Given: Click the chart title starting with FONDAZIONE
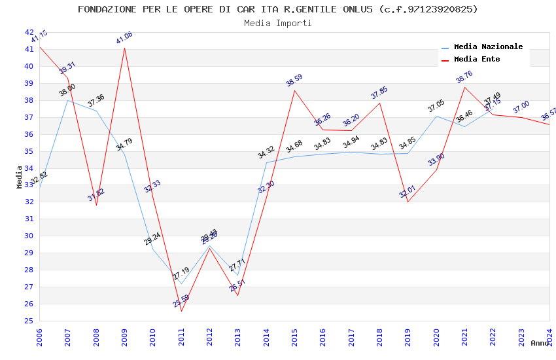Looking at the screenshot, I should click(x=277, y=9).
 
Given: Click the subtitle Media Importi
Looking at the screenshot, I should click(x=277, y=23).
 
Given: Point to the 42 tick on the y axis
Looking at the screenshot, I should click(x=29, y=32).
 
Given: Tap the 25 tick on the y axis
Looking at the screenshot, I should click(x=29, y=321).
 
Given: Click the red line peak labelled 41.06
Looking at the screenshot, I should click(x=124, y=48).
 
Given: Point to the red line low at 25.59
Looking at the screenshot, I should click(x=181, y=310).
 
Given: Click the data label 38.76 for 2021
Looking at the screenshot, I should click(x=464, y=77).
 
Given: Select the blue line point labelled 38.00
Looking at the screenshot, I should click(x=68, y=100).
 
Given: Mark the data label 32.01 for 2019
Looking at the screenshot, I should click(x=407, y=191).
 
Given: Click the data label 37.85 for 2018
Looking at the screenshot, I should click(x=379, y=92).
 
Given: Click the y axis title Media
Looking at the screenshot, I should click(x=20, y=177).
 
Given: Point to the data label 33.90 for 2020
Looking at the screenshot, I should click(x=436, y=159).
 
